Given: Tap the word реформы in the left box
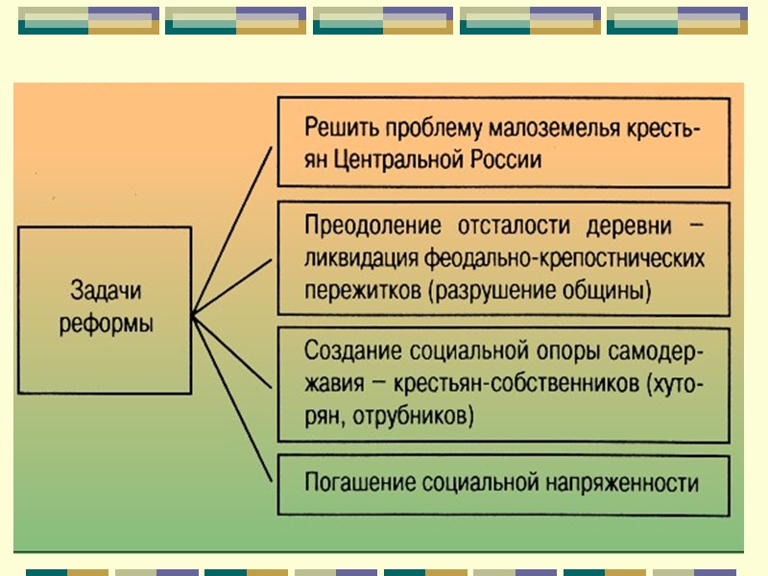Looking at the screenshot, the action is click(x=111, y=324).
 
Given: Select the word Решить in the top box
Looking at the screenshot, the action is click(x=341, y=128).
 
